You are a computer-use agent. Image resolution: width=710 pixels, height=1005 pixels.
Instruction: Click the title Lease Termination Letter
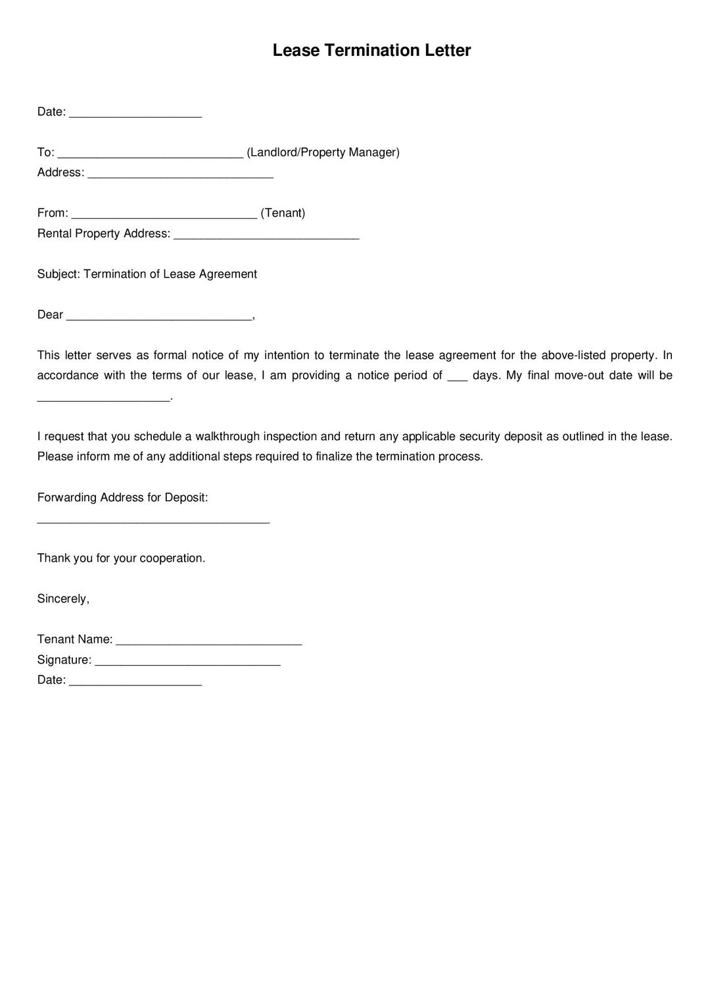(x=371, y=51)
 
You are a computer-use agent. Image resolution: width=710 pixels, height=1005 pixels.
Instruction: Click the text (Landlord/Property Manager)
(x=323, y=153)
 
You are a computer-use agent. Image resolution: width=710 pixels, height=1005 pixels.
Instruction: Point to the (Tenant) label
(x=283, y=213)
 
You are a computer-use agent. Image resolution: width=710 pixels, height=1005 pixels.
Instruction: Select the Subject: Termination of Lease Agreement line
(x=147, y=274)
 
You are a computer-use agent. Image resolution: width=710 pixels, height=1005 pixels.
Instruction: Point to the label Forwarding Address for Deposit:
(x=122, y=498)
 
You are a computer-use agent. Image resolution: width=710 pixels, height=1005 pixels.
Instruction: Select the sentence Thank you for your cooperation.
(x=121, y=558)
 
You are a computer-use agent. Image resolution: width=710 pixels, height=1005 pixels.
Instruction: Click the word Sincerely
(x=62, y=599)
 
